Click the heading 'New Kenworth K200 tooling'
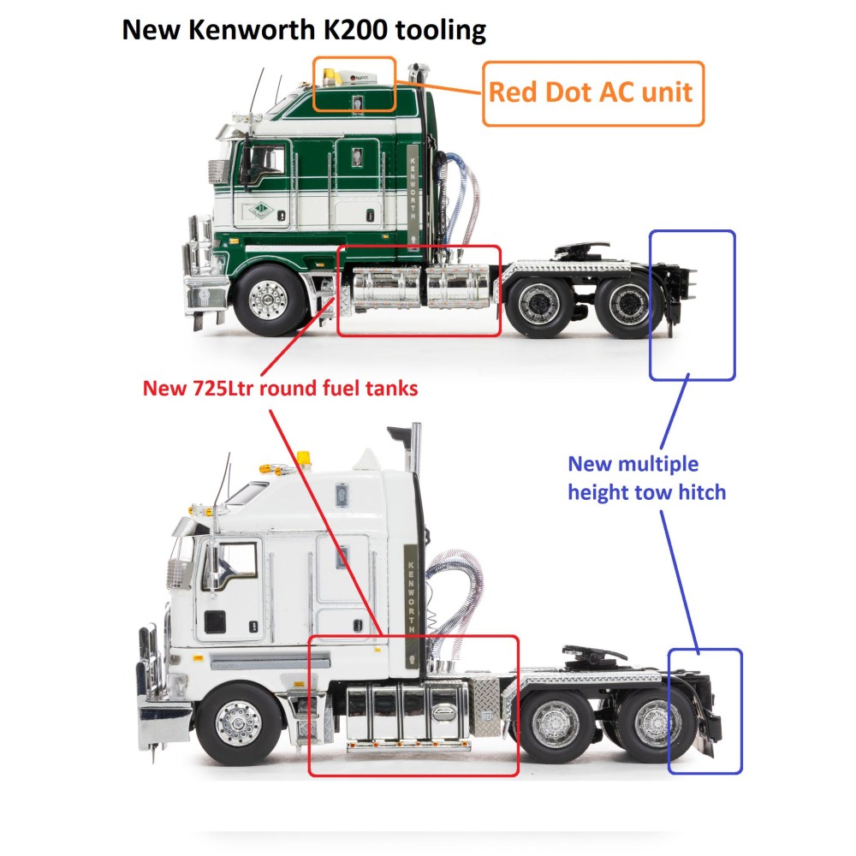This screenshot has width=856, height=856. pyautogui.click(x=304, y=30)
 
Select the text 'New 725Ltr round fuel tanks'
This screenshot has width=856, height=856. pyautogui.click(x=280, y=389)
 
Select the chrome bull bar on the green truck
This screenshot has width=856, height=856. pyautogui.click(x=202, y=274)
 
